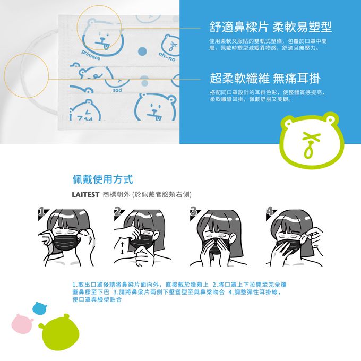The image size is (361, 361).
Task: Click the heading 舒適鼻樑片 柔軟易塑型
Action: [x=271, y=27]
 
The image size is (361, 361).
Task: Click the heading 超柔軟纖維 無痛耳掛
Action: [x=265, y=78]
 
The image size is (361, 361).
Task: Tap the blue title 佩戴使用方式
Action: [x=102, y=179]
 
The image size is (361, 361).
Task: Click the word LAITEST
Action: [x=85, y=195]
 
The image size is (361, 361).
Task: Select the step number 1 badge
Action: [x=41, y=211]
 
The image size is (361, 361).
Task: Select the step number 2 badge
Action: [x=117, y=211]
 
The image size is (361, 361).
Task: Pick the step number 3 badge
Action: [x=193, y=211]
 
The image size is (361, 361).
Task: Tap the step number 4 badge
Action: [x=269, y=211]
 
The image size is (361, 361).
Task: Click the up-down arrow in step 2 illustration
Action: [x=122, y=248]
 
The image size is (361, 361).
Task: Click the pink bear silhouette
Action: [x=22, y=323]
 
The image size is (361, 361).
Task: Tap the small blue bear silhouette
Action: [x=40, y=308]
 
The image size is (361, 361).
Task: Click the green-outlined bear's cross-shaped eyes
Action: [x=311, y=137]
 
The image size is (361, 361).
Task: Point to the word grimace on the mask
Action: [x=91, y=55]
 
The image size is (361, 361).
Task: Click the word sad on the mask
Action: [x=117, y=90]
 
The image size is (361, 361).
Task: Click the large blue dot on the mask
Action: [x=142, y=51]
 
